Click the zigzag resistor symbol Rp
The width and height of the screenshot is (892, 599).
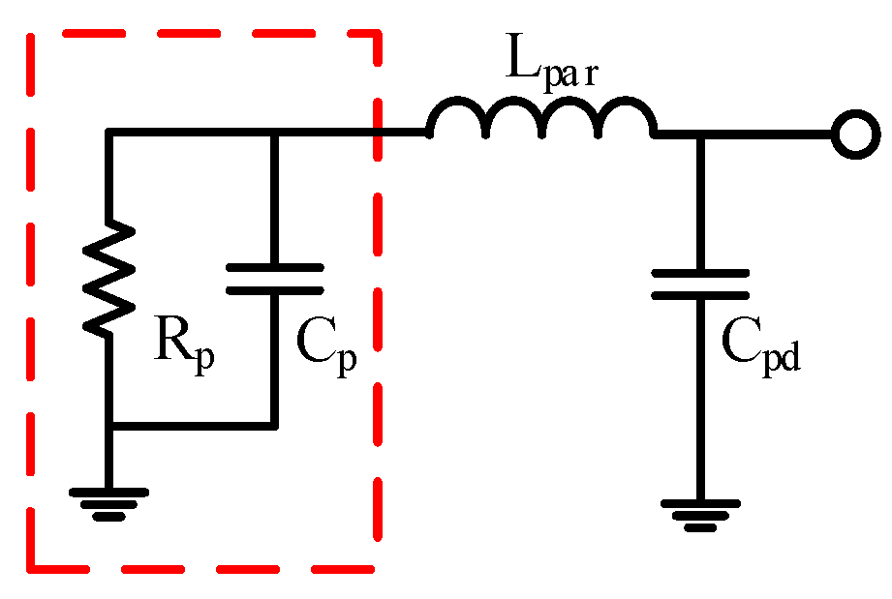point(109,279)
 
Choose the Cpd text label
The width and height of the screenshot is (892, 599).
point(762,344)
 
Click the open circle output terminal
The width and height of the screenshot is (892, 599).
point(853,135)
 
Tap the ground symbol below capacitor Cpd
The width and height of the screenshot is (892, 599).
point(700,514)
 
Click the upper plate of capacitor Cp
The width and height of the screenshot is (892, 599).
point(274,267)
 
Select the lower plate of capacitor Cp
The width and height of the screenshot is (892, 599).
point(274,288)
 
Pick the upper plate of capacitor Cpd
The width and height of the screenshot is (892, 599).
point(700,274)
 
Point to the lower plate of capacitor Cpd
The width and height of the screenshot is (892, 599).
point(700,295)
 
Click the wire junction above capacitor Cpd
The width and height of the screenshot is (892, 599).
point(700,135)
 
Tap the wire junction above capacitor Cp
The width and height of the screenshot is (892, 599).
point(274,135)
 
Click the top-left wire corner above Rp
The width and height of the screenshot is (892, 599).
point(109,135)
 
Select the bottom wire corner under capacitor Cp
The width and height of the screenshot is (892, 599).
point(274,424)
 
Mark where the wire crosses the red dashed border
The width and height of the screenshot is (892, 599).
point(378,135)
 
